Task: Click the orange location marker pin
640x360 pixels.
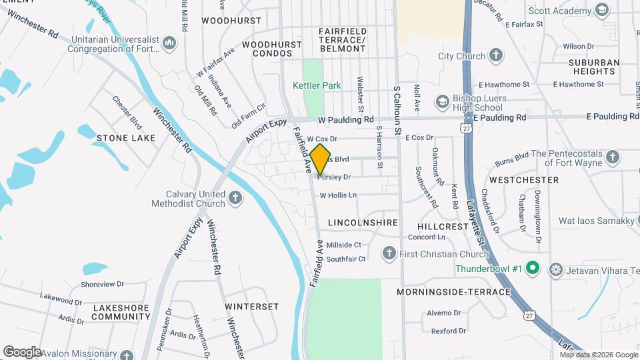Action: (321, 159)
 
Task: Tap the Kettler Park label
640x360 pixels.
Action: (317, 85)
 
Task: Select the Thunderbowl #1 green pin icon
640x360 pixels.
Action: (532, 269)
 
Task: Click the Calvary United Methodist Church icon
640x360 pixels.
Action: (235, 198)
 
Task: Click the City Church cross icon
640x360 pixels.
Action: (495, 56)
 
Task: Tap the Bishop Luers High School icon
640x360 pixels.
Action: (442, 102)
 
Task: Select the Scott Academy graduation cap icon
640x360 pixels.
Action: (602, 10)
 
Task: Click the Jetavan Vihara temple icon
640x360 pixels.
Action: (555, 269)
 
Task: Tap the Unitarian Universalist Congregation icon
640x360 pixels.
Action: (169, 44)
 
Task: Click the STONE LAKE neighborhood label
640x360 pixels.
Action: (125, 138)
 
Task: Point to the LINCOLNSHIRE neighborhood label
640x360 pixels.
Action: (363, 223)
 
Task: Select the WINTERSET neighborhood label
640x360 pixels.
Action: (251, 307)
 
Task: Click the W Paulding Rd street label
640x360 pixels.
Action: (345, 120)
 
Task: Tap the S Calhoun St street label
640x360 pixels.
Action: (397, 99)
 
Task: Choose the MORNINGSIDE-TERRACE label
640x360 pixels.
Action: (453, 292)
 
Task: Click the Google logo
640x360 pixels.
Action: (22, 351)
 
